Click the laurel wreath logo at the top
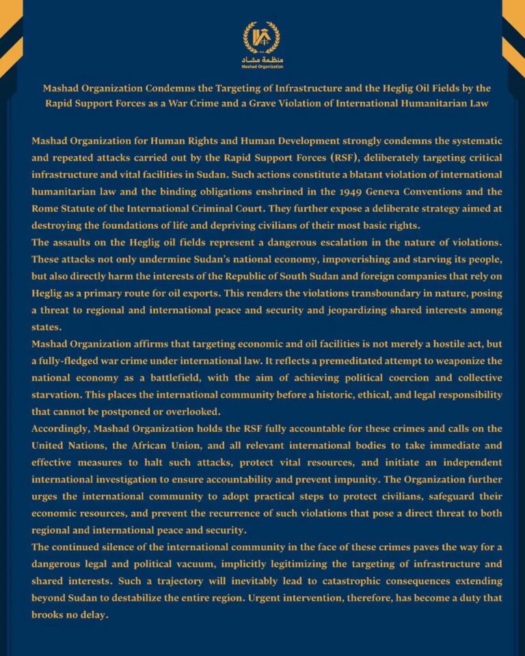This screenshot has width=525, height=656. (x=262, y=38)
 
